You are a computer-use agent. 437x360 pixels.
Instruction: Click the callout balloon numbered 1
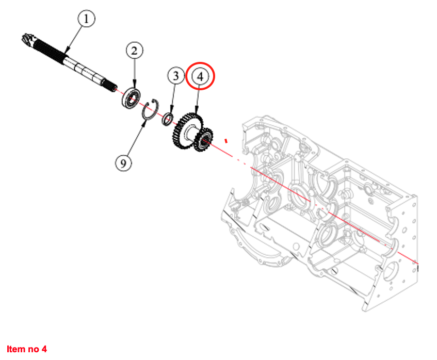[x=86, y=19]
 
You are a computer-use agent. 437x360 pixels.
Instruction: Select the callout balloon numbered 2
[x=135, y=51]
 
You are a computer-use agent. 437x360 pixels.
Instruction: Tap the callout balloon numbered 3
[x=176, y=75]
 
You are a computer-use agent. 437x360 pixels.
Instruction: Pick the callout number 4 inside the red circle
[x=200, y=76]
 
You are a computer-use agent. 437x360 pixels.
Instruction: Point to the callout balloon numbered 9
[x=123, y=163]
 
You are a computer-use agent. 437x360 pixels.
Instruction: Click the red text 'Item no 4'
[x=27, y=349]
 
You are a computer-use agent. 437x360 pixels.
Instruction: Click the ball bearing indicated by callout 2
[x=131, y=98]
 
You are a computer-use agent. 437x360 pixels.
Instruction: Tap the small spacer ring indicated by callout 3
[x=168, y=119]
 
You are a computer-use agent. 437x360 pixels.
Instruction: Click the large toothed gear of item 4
[x=187, y=130]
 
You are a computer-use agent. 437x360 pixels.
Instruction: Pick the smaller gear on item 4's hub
[x=204, y=139]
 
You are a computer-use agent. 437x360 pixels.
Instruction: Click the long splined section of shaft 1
[x=49, y=52]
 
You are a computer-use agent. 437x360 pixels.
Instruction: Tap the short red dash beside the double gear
[x=226, y=141]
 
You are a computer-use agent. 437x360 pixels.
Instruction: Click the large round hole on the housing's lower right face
[x=391, y=272]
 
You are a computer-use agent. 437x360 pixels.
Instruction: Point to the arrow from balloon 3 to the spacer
[x=173, y=99]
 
